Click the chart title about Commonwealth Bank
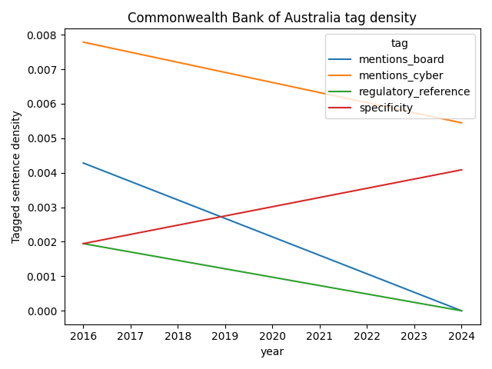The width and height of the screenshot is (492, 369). click(x=272, y=18)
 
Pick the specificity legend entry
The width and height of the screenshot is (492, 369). click(x=386, y=108)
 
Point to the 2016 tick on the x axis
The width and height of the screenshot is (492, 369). click(x=83, y=335)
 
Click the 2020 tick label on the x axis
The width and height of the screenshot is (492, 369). click(x=272, y=335)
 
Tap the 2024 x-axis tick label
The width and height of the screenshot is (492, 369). click(x=462, y=335)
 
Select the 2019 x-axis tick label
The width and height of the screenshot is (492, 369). click(x=225, y=335)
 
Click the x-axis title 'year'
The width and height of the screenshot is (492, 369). click(x=272, y=351)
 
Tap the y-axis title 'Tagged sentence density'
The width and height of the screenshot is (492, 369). click(x=16, y=177)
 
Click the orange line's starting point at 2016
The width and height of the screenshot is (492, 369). click(x=83, y=42)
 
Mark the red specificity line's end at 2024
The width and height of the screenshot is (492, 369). click(x=462, y=170)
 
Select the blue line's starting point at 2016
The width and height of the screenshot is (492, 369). click(x=83, y=163)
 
